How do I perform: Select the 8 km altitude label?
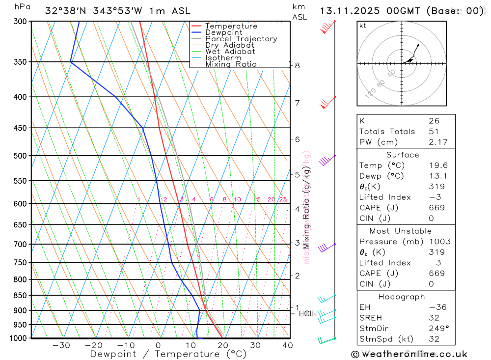[x=297, y=65]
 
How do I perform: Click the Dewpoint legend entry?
[x=223, y=32]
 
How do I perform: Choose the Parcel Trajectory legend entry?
[x=241, y=39]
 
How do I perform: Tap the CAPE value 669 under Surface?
[x=436, y=208]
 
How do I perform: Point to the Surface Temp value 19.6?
[x=438, y=166]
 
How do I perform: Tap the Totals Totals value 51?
[x=434, y=131]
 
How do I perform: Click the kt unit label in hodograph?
[x=363, y=26]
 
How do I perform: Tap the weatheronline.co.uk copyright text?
[x=409, y=354]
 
